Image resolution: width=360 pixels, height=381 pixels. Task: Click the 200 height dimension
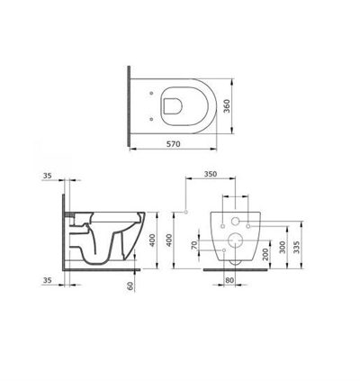click(x=265, y=249)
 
